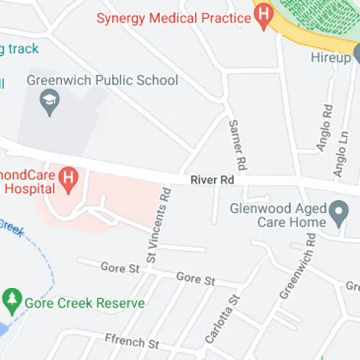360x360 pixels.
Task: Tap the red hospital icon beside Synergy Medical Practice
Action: click(x=264, y=12)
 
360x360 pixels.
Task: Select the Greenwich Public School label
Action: click(x=102, y=80)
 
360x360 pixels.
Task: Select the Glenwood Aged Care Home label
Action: click(x=277, y=215)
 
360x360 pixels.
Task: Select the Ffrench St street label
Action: click(x=131, y=343)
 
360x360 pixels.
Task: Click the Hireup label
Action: click(x=330, y=56)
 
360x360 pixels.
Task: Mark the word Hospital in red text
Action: click(x=28, y=189)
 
